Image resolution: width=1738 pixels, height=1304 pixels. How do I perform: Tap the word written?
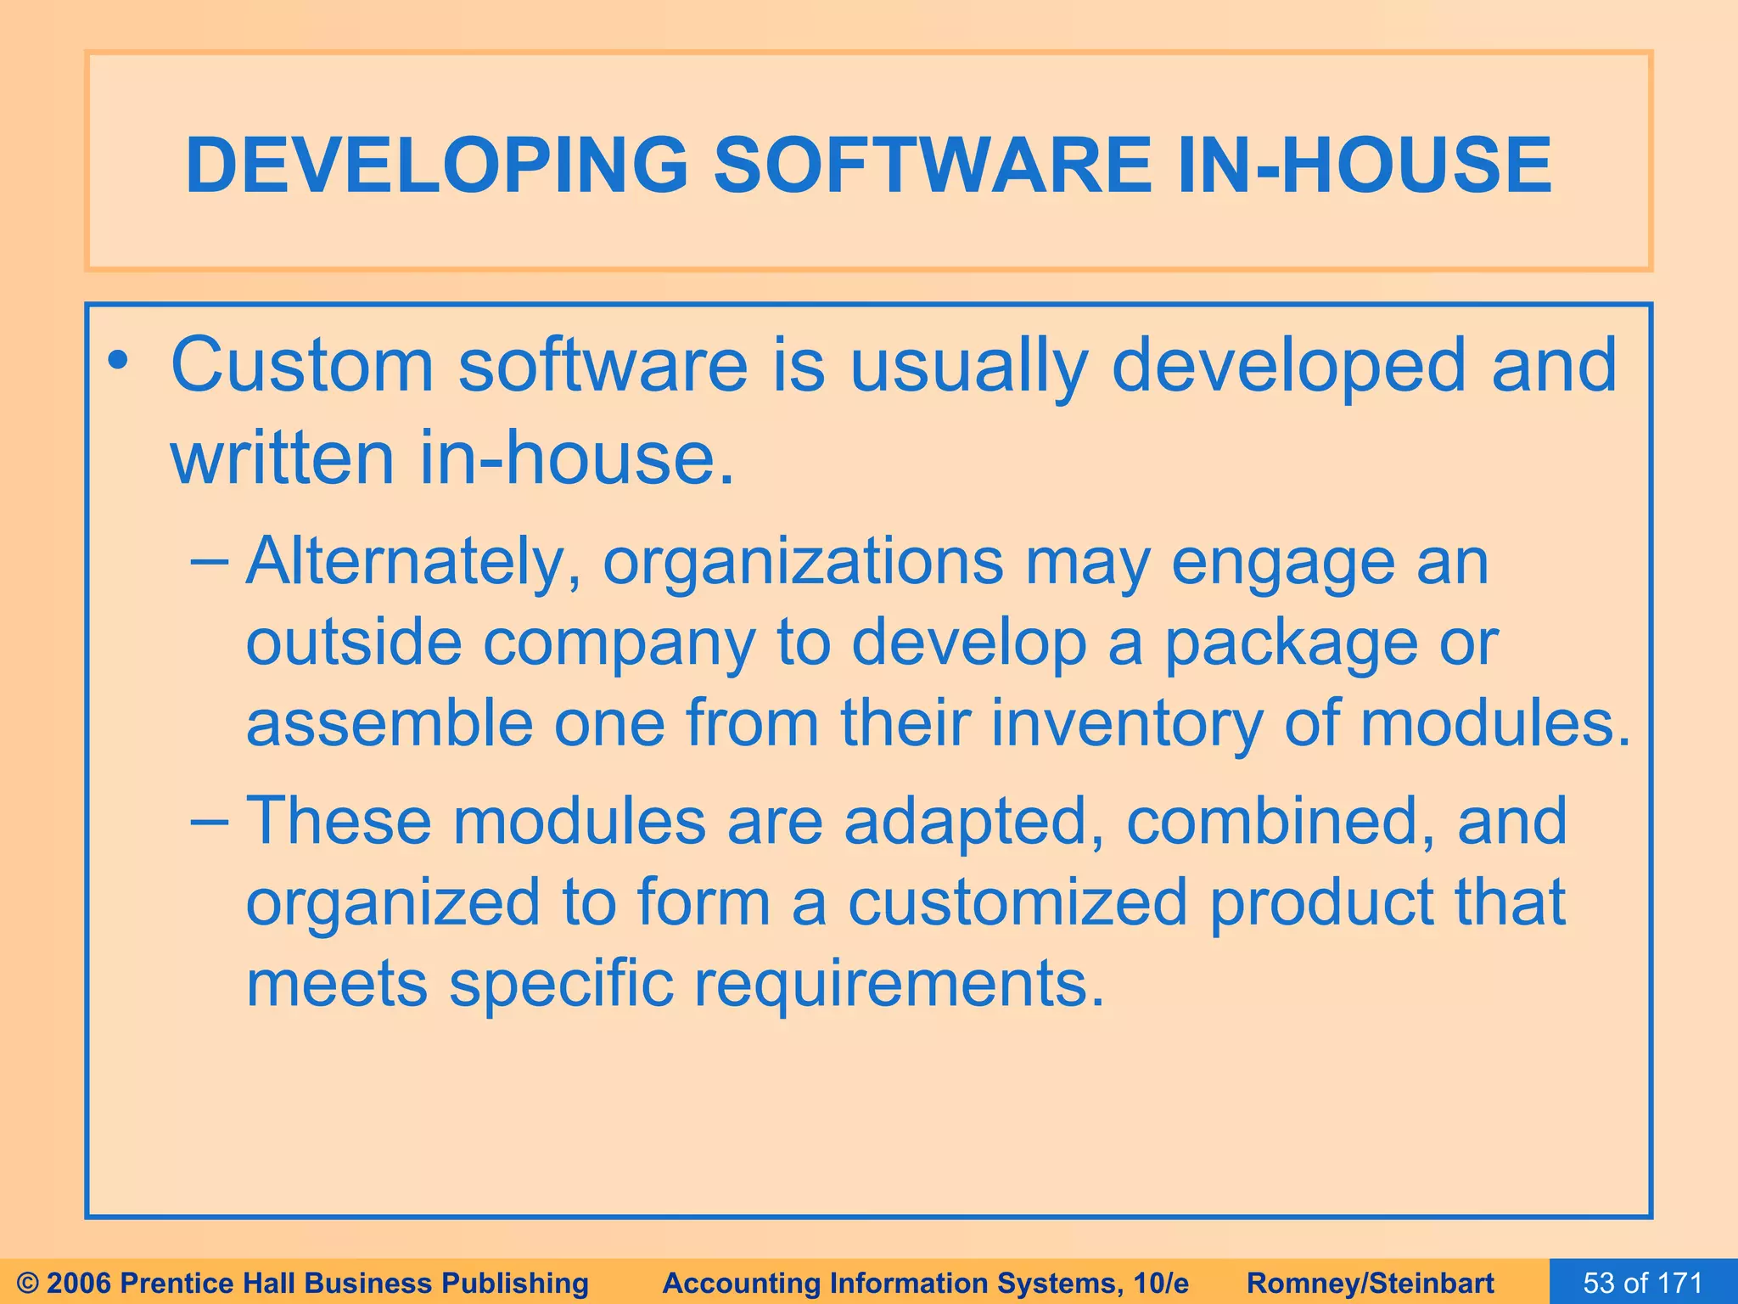283,458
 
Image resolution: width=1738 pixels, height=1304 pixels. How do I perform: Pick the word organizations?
803,563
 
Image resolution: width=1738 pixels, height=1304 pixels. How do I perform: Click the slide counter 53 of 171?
1643,1283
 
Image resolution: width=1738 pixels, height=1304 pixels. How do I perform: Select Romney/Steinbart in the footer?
1371,1283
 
